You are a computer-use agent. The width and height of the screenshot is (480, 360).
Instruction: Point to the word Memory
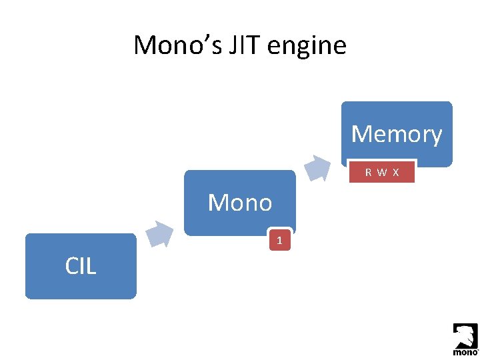pyautogui.click(x=397, y=134)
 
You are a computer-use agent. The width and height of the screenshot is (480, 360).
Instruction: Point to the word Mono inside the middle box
pyautogui.click(x=239, y=203)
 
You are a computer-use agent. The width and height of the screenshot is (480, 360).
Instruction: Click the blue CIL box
pyautogui.click(x=81, y=266)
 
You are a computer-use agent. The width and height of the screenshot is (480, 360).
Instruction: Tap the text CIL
pyautogui.click(x=81, y=267)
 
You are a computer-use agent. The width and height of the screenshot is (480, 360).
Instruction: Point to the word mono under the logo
pyautogui.click(x=465, y=351)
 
